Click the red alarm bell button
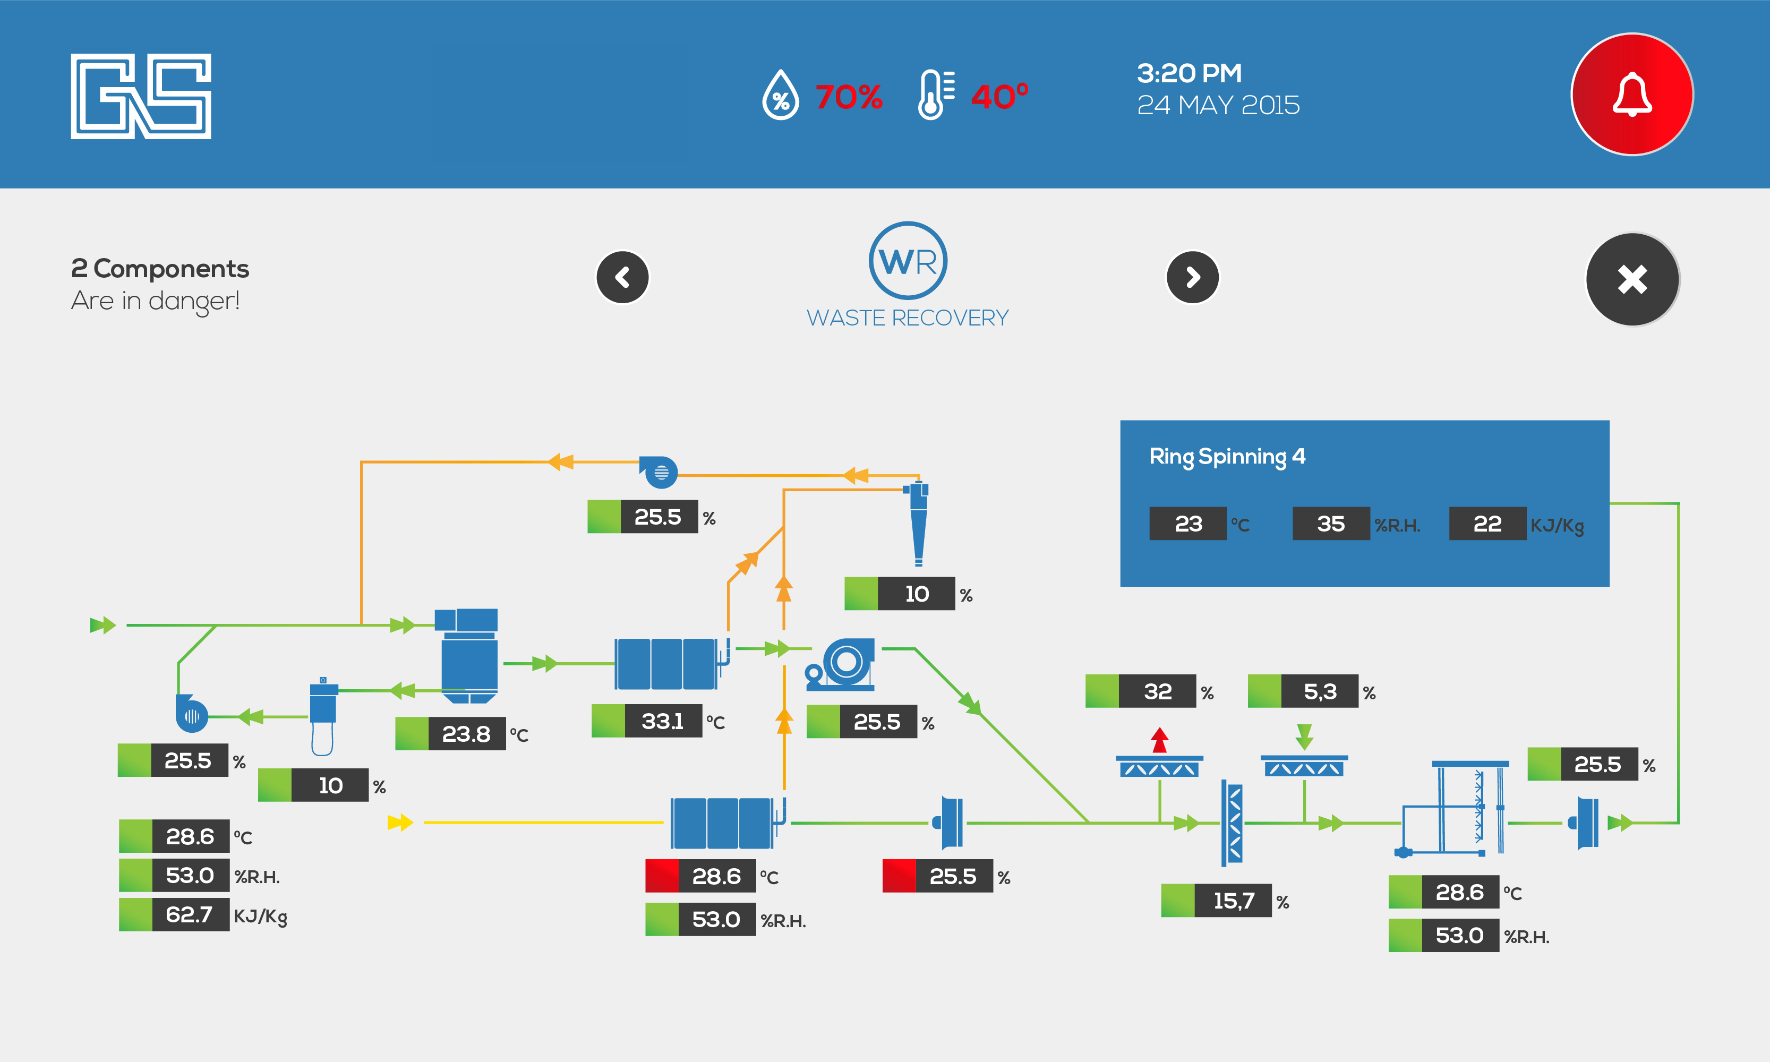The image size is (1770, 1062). pos(1631,95)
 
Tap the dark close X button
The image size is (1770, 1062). pos(1632,279)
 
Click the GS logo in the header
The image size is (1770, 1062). pos(141,96)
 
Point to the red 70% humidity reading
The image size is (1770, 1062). pos(848,97)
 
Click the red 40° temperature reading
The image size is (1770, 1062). pos(999,96)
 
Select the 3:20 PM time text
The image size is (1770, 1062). pos(1189,73)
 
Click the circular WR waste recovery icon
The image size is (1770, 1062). pos(908,261)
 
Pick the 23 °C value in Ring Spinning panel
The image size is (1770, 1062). pos(1188,524)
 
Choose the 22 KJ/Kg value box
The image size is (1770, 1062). pos(1487,524)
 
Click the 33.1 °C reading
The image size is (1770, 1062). pos(663,721)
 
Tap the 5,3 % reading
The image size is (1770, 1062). pos(1320,692)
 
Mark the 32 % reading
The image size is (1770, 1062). pos(1157,692)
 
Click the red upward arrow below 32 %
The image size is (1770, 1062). pos(1159,740)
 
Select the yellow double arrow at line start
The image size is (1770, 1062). pos(400,823)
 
